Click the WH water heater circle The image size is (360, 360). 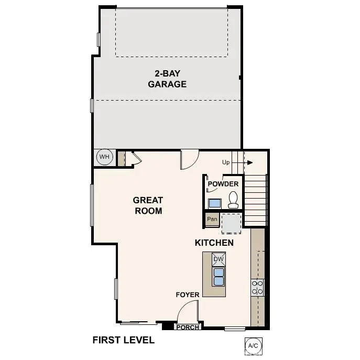pyautogui.click(x=104, y=157)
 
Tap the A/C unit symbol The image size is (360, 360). pyautogui.click(x=253, y=345)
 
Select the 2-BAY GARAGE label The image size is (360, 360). pyautogui.click(x=167, y=79)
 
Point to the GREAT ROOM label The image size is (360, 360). pyautogui.click(x=148, y=205)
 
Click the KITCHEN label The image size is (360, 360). pyautogui.click(x=214, y=243)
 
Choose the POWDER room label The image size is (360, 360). pyautogui.click(x=223, y=184)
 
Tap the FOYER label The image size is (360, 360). pyautogui.click(x=187, y=295)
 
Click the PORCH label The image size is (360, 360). pyautogui.click(x=187, y=328)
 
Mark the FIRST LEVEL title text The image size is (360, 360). pyautogui.click(x=124, y=340)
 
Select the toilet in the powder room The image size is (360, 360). pyautogui.click(x=234, y=200)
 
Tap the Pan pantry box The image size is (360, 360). pyautogui.click(x=212, y=219)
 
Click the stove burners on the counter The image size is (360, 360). pyautogui.click(x=257, y=287)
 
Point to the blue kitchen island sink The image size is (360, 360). pyautogui.click(x=218, y=276)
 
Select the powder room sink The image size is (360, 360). pyautogui.click(x=215, y=204)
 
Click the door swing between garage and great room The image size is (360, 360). pyautogui.click(x=190, y=160)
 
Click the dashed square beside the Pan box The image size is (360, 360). pyautogui.click(x=231, y=223)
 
